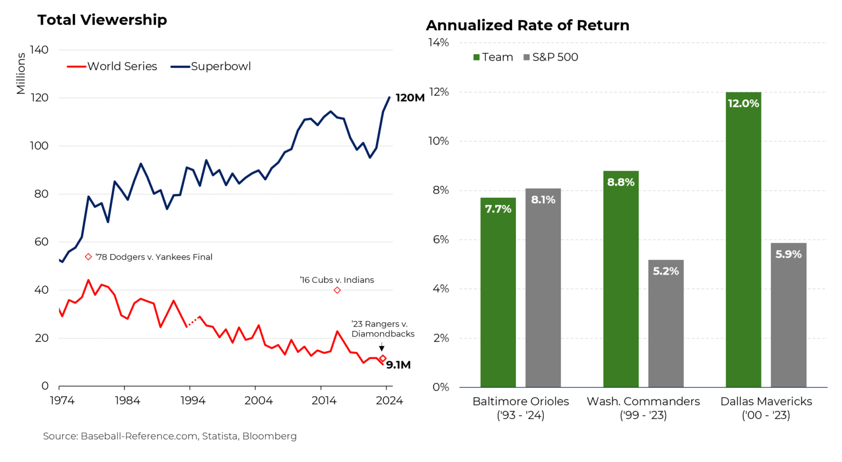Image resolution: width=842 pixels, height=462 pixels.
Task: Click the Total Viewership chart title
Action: [x=102, y=20]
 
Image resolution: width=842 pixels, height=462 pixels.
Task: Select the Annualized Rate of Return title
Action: [x=527, y=25]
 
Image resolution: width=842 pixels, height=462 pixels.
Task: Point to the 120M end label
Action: [x=409, y=98]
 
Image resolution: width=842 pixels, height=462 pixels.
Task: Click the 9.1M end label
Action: [x=398, y=365]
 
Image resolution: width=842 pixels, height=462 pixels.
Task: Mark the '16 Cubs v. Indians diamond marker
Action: [x=337, y=290]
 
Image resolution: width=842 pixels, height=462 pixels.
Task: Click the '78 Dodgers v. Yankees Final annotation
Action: [x=153, y=257]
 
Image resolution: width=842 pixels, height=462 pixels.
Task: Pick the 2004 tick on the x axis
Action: [x=258, y=401]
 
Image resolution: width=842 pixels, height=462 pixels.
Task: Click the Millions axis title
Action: [x=21, y=73]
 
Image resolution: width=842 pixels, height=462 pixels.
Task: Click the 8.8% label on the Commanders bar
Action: [x=621, y=182]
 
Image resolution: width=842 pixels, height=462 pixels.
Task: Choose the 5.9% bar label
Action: [x=788, y=254]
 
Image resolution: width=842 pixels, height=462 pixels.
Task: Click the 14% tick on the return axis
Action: [x=438, y=43]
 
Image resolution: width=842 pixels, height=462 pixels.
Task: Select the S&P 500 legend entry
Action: [x=551, y=57]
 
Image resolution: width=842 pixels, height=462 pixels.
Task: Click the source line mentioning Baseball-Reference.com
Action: [x=170, y=436]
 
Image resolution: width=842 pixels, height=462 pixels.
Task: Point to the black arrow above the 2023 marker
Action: [x=382, y=347]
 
